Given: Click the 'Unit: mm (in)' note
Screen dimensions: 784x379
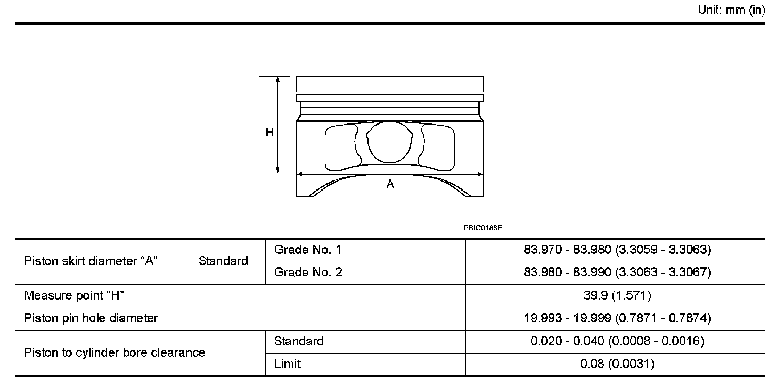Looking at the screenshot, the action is point(731,10).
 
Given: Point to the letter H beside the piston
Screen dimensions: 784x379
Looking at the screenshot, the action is point(269,132).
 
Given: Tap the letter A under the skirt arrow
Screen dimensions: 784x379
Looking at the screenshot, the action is point(390,184).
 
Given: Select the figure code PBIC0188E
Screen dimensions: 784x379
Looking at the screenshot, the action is point(483,228).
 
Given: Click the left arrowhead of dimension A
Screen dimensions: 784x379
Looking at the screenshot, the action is point(299,174).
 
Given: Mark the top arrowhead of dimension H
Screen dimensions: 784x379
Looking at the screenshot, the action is point(277,79).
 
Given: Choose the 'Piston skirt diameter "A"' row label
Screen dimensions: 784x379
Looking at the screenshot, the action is point(91,261).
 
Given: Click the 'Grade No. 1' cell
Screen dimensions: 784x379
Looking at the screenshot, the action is point(308,250).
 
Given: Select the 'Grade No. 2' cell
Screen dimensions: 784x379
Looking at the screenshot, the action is point(308,272).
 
